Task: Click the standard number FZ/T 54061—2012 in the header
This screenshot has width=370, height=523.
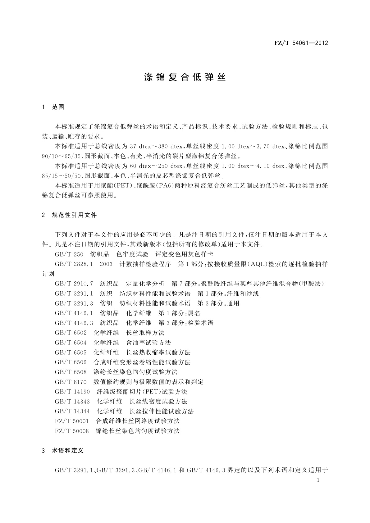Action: coord(301,43)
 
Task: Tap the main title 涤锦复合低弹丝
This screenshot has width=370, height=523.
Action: coord(185,77)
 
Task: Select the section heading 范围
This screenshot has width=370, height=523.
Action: coord(58,107)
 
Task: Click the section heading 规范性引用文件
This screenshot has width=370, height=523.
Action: coord(74,215)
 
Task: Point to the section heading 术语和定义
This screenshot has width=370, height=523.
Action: coord(68,450)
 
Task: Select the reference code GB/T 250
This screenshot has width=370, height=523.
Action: coord(69,254)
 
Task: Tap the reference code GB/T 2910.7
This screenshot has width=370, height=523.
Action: coord(74,284)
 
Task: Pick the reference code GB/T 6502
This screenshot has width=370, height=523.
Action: coord(71,333)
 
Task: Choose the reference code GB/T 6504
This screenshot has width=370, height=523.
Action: coord(71,343)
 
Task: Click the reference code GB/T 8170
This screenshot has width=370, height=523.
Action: coord(71,382)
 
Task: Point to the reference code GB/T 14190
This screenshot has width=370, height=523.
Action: coord(72,392)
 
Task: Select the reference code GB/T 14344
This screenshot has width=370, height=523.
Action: coord(72,411)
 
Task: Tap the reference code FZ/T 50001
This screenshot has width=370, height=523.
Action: coord(71,421)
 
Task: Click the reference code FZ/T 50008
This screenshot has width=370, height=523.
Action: coord(71,431)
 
